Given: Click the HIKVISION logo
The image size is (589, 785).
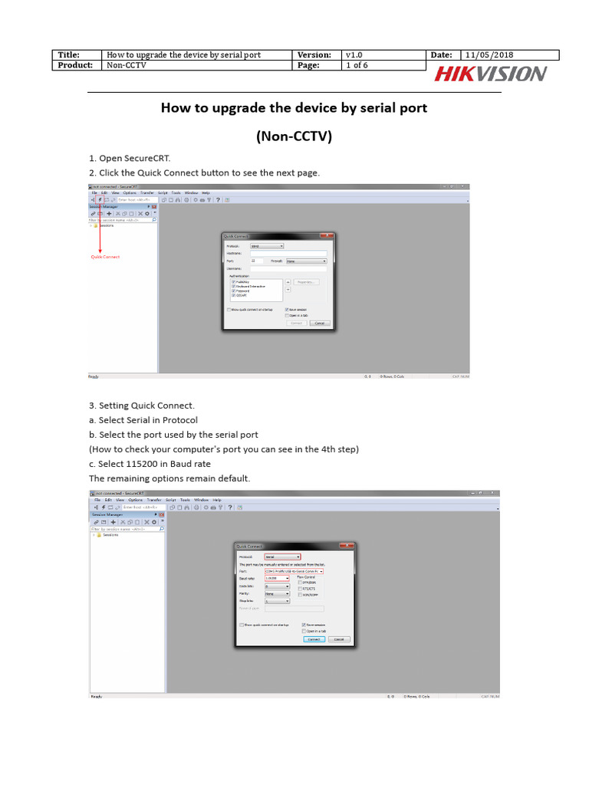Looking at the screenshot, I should click(491, 74).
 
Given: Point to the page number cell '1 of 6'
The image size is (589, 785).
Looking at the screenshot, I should click(357, 66).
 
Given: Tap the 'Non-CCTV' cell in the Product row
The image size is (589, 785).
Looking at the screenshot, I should click(126, 66).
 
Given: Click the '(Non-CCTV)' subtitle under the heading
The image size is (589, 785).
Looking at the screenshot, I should click(294, 137).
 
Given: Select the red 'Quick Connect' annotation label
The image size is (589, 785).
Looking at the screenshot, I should click(106, 257).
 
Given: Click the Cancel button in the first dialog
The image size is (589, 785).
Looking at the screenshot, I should click(320, 323).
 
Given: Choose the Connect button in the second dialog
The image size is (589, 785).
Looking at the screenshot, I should click(313, 639).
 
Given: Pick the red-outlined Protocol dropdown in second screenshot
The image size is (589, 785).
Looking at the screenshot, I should click(281, 557).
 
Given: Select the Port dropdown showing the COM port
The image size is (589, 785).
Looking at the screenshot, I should click(294, 571).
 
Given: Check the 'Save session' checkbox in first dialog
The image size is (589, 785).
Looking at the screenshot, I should click(286, 309).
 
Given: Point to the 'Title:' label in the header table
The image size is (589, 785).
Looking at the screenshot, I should click(69, 55).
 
